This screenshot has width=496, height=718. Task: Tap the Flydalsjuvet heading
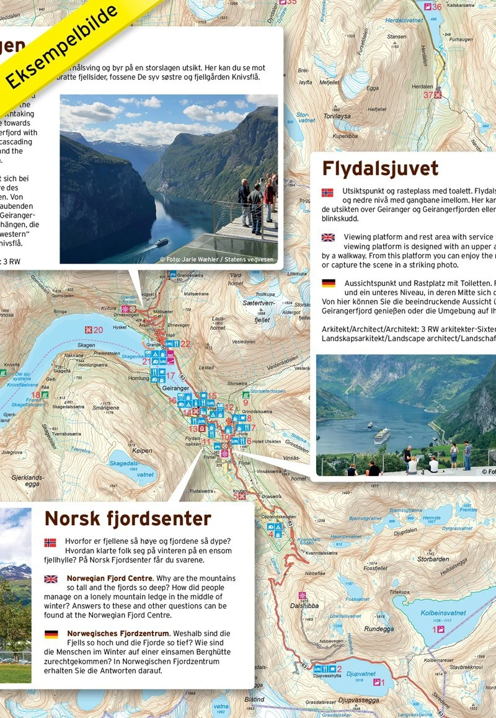click(380, 169)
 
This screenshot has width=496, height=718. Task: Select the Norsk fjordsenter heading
click(128, 518)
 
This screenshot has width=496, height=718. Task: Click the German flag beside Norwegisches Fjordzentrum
click(51, 634)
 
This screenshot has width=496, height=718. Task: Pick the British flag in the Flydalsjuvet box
click(328, 237)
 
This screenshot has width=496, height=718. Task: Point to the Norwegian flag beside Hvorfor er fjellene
click(50, 543)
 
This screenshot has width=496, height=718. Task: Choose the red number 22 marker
click(185, 343)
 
